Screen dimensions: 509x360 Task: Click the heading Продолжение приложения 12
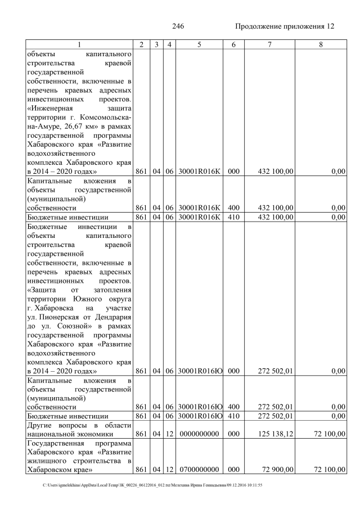[x=284, y=26]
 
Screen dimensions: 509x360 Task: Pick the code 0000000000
[x=199, y=434]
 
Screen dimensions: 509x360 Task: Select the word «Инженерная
[x=51, y=109]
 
